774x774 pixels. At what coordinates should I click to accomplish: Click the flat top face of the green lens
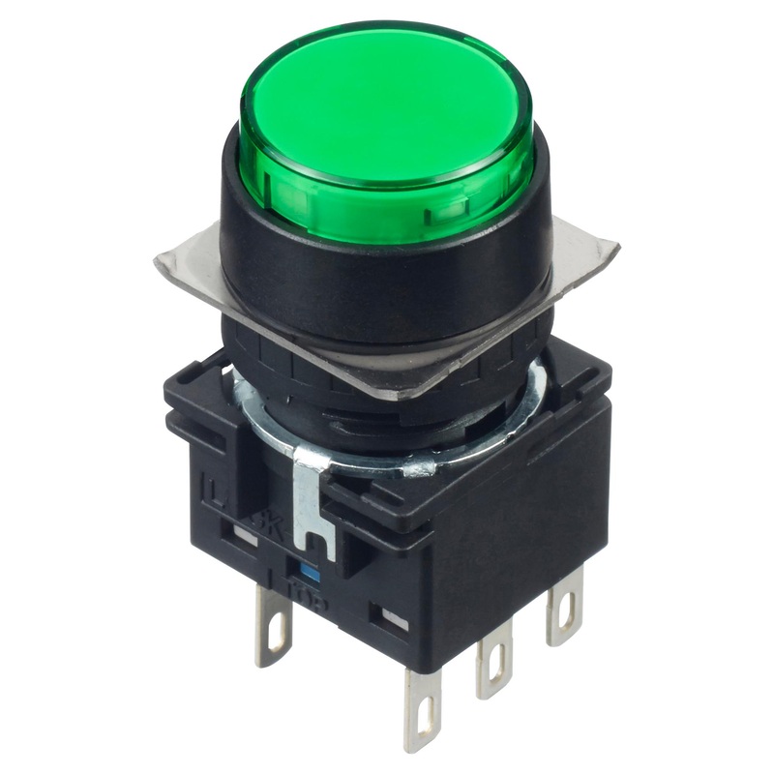tap(385, 97)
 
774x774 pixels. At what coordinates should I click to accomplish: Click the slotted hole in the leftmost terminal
tap(277, 636)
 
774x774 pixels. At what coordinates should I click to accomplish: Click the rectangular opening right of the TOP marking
tap(394, 614)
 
